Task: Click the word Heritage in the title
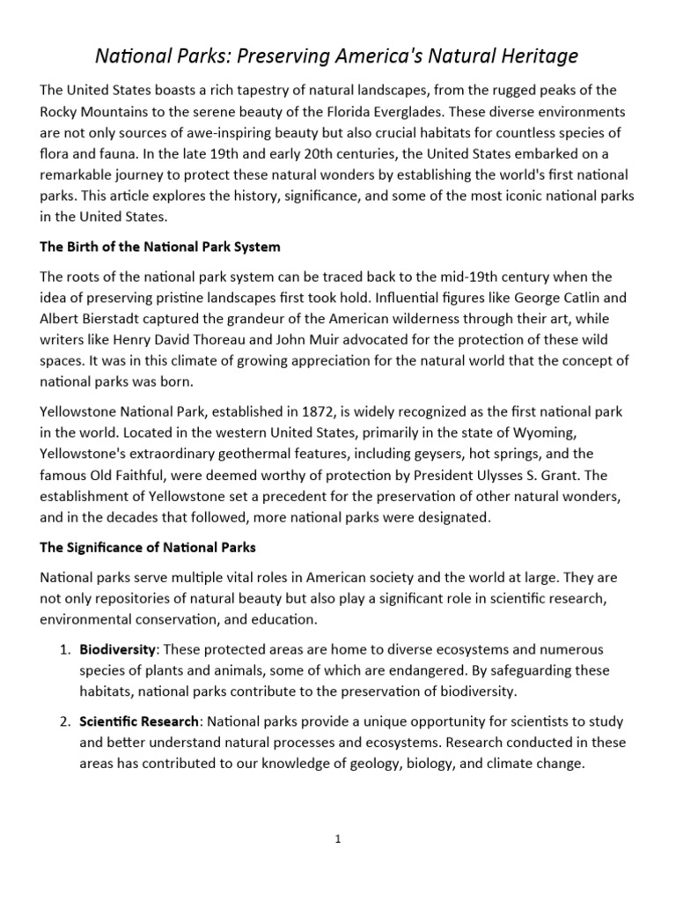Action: [x=537, y=56]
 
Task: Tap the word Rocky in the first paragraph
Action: [x=61, y=113]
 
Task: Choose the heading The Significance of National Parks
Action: [x=148, y=547]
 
